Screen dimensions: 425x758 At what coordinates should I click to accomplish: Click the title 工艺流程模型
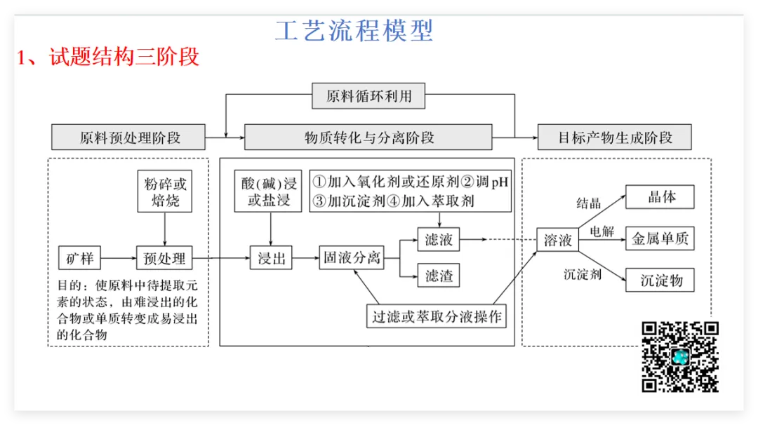point(354,31)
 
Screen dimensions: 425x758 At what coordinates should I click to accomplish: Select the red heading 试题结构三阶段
point(124,56)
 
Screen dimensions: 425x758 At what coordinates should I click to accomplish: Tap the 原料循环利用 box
point(368,96)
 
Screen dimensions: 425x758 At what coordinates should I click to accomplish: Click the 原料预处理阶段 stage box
point(129,137)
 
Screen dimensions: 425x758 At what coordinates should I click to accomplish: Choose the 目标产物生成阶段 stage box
point(614,137)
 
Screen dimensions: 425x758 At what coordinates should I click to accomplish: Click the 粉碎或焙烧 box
point(165,192)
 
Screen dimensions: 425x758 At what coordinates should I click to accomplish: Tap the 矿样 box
point(79,259)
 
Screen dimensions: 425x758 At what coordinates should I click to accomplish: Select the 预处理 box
point(164,259)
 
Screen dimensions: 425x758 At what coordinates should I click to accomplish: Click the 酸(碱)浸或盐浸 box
point(270,192)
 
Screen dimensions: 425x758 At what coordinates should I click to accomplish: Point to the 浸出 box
point(271,259)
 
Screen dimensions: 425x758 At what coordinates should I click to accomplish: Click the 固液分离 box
point(352,257)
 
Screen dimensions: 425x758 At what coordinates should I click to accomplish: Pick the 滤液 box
point(439,240)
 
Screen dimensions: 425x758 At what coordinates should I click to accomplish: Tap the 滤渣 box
point(439,276)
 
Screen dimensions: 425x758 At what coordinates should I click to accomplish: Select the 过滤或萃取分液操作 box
point(437,316)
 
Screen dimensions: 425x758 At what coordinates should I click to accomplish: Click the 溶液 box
point(558,241)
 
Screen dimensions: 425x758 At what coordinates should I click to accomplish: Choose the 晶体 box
point(660,197)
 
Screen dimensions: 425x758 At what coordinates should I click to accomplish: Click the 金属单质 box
point(660,239)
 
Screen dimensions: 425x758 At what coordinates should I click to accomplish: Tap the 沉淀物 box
point(660,281)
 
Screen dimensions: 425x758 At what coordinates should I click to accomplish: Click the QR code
point(680,357)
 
